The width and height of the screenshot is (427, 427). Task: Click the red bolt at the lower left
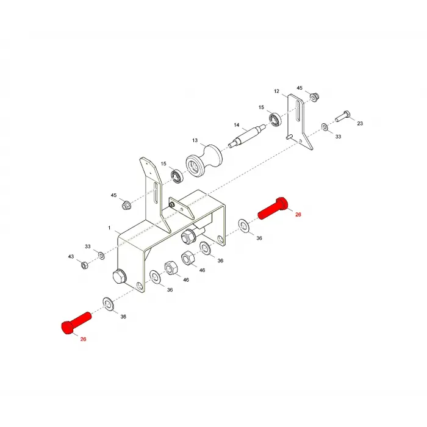coord(76,323)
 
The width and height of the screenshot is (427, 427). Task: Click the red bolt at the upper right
coord(273,208)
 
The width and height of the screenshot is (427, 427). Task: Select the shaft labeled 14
coord(247,135)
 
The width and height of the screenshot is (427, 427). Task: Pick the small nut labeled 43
coord(84,264)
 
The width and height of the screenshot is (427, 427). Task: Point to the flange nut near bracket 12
coord(314,96)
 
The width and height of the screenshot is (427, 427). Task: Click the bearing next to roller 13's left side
coord(177,176)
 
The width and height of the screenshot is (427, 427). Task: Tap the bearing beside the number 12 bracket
coord(275,119)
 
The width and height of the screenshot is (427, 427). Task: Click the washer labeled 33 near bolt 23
coord(325,127)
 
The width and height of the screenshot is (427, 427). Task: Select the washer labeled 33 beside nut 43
coord(101,256)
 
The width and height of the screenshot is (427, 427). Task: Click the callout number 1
coord(109,228)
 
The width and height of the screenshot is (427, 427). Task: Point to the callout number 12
coord(276,91)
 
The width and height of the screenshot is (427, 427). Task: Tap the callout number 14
coord(237,125)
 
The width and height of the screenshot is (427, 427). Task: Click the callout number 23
coord(360,123)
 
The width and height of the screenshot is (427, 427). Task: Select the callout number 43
coord(71,257)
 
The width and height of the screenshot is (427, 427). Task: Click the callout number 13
coord(195,140)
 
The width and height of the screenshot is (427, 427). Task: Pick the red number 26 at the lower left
coord(83,339)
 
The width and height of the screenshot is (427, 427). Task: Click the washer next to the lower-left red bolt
coord(109,304)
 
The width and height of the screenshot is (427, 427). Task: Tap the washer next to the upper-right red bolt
coord(244,226)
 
